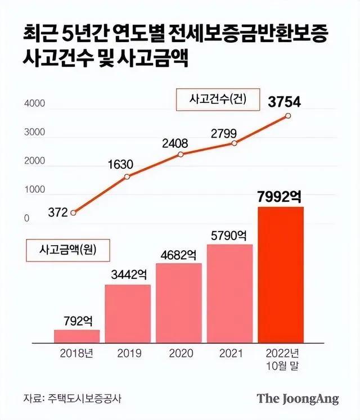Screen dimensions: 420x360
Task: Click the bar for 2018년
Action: pyautogui.click(x=76, y=336)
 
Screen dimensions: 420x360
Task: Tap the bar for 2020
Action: pyautogui.click(x=179, y=302)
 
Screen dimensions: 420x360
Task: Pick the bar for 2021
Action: pyautogui.click(x=229, y=293)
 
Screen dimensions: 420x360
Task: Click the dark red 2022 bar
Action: pyautogui.click(x=281, y=274)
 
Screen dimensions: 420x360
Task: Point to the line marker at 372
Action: pyautogui.click(x=74, y=213)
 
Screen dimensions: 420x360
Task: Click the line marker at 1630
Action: pyautogui.click(x=127, y=177)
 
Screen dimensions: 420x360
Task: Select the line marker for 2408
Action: pyautogui.click(x=181, y=154)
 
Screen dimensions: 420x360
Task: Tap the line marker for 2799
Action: pyautogui.click(x=234, y=143)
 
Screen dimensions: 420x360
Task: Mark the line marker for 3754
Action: pyautogui.click(x=288, y=116)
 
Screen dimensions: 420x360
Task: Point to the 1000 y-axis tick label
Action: pyautogui.click(x=34, y=191)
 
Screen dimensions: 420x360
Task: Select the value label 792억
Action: pyautogui.click(x=76, y=321)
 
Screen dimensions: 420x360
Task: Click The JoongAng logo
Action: pyautogui.click(x=298, y=399)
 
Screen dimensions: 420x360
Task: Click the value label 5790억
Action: pyautogui.click(x=229, y=236)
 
